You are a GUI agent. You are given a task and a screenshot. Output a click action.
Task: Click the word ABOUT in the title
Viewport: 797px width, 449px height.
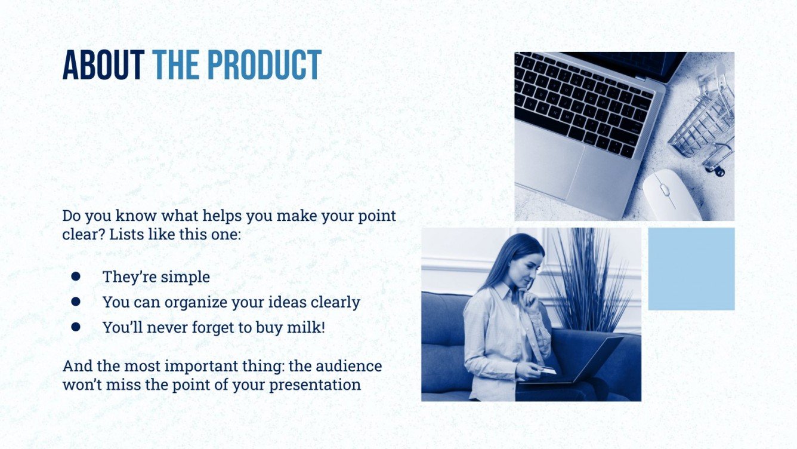pos(103,65)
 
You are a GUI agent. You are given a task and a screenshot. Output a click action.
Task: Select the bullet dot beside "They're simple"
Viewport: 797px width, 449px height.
pos(76,276)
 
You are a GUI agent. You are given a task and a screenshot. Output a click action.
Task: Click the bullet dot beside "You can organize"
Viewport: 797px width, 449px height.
pos(76,302)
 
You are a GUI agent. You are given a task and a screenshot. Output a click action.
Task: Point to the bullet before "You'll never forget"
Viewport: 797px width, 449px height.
pos(76,327)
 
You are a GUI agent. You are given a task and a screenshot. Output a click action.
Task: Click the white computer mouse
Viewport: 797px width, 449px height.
pos(671,195)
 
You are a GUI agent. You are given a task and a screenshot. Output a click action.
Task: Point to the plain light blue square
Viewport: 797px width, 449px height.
pos(691,269)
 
